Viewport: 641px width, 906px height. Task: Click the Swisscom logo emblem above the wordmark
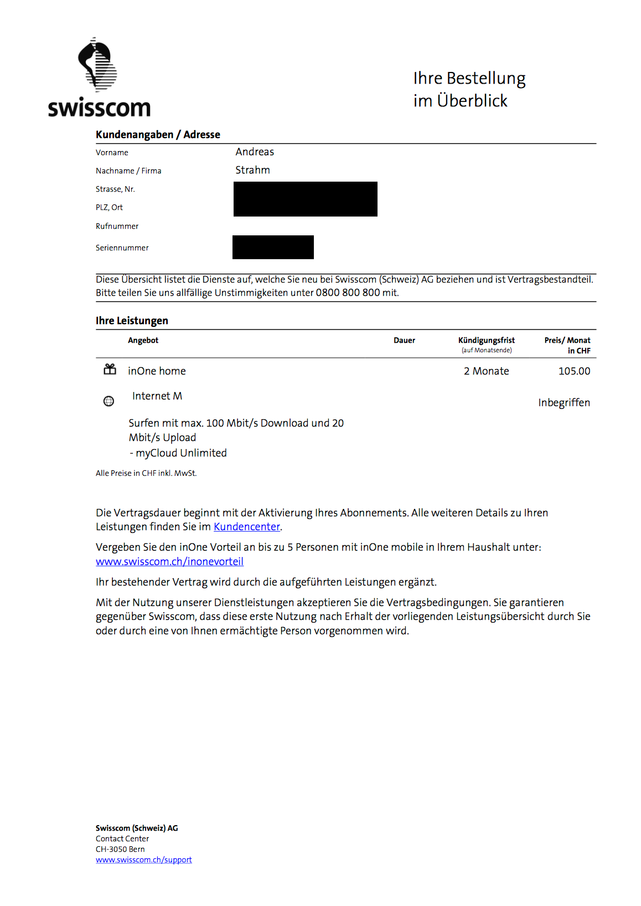(x=98, y=65)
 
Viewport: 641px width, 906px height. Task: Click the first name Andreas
(x=255, y=152)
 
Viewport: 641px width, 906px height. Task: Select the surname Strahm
(x=252, y=170)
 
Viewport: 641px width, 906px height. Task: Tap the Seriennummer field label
(x=122, y=248)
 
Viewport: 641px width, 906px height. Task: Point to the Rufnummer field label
(x=117, y=226)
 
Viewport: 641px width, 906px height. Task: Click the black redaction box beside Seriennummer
(x=273, y=247)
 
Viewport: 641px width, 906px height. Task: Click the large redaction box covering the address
(x=305, y=199)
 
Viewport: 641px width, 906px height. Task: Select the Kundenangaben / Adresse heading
(x=158, y=135)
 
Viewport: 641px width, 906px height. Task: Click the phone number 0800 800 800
(x=348, y=293)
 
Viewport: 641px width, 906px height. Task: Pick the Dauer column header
(x=404, y=341)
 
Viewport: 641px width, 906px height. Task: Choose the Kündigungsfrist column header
(x=486, y=341)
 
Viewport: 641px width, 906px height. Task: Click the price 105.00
(x=574, y=371)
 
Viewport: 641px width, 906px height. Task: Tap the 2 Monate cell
(x=486, y=371)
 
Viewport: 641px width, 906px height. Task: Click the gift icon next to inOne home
(x=110, y=369)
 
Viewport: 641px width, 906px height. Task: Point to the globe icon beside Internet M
(x=109, y=401)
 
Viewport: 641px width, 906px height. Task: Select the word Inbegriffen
(x=564, y=403)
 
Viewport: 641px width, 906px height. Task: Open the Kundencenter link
(x=247, y=527)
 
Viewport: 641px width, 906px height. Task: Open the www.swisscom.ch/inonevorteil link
(x=169, y=562)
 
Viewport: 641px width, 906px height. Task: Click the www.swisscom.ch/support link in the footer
(x=144, y=860)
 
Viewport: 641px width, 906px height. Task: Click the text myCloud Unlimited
(x=181, y=453)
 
